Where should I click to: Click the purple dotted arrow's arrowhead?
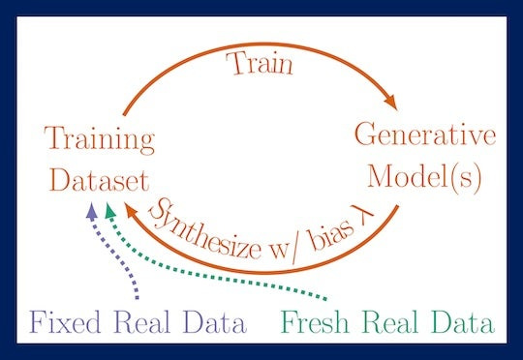[x=91, y=209]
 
